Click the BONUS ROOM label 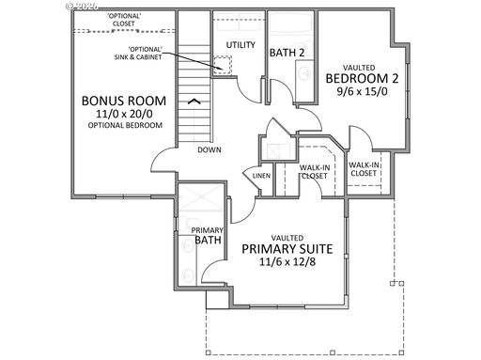point(123,100)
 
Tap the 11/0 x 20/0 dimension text point(123,114)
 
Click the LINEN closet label point(259,176)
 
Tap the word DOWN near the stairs point(209,149)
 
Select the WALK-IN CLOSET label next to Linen point(313,171)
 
